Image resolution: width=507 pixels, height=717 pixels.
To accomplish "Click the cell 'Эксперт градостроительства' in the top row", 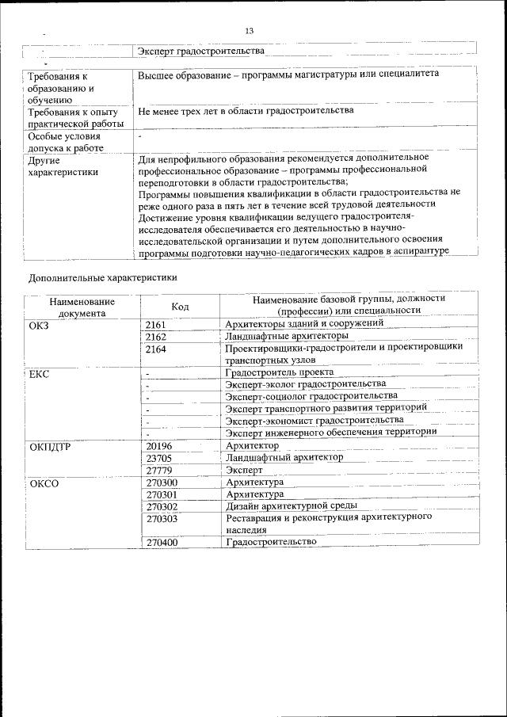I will click(200, 51).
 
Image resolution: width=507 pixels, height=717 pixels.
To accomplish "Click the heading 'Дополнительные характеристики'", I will click(102, 277).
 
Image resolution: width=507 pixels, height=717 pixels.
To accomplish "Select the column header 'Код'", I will click(180, 306).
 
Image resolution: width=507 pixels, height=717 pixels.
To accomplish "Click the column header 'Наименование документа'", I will click(82, 307).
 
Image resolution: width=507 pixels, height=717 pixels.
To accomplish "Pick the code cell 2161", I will click(156, 323).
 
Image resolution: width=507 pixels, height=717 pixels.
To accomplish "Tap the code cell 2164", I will click(156, 349).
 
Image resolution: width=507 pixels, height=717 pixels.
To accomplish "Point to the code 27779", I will click(159, 470).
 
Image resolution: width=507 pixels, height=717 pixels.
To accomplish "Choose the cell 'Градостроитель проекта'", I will click(279, 372).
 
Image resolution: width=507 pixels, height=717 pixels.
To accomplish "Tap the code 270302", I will click(162, 505).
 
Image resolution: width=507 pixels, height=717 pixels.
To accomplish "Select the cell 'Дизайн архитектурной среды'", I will click(291, 505).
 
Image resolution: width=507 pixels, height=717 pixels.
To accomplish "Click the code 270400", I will click(162, 542).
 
